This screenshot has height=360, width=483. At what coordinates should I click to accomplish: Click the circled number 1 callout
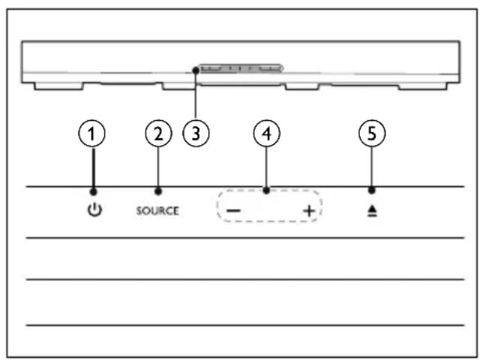(92, 134)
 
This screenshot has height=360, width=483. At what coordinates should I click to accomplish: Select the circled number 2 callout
(158, 134)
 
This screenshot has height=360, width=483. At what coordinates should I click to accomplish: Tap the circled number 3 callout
(196, 134)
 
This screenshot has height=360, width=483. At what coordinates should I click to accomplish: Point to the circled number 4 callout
(267, 134)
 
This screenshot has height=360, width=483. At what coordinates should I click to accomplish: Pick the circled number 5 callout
(372, 134)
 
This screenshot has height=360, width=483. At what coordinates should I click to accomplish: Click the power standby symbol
(95, 210)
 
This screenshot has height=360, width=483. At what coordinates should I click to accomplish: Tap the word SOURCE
(158, 211)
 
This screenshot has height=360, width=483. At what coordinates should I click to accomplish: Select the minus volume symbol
(234, 211)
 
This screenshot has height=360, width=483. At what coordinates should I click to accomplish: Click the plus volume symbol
(309, 211)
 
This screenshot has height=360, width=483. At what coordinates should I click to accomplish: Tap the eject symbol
(372, 211)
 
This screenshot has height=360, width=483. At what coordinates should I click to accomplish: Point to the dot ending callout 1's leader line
(93, 192)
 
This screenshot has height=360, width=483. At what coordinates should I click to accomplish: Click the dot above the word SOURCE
(158, 192)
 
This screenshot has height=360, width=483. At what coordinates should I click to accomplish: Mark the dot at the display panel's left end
(195, 71)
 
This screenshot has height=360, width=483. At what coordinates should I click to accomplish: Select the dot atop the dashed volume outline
(267, 190)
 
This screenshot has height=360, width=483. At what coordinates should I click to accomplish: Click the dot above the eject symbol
(372, 190)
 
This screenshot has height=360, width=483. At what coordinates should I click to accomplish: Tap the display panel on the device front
(240, 68)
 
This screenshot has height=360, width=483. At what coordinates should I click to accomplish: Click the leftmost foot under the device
(59, 86)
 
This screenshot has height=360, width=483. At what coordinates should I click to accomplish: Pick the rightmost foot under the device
(423, 86)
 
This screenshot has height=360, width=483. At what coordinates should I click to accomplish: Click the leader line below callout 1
(93, 168)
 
